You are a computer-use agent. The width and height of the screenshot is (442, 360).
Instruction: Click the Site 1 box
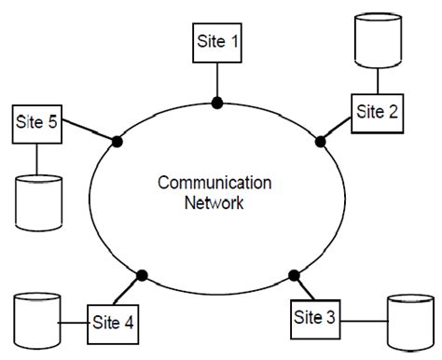[218, 43]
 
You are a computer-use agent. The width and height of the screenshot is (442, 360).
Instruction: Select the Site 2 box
[379, 112]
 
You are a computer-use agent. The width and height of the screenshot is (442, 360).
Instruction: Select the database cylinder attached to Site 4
[37, 323]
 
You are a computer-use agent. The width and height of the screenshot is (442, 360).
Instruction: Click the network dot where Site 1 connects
[217, 102]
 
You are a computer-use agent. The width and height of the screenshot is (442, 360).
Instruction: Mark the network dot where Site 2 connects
[320, 142]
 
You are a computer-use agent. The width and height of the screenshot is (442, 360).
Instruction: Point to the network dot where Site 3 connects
[294, 274]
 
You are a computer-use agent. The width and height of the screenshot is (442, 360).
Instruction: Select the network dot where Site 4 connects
[142, 275]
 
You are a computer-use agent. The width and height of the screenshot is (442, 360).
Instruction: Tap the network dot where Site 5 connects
[117, 142]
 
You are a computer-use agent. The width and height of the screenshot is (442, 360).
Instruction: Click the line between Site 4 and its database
[75, 324]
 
